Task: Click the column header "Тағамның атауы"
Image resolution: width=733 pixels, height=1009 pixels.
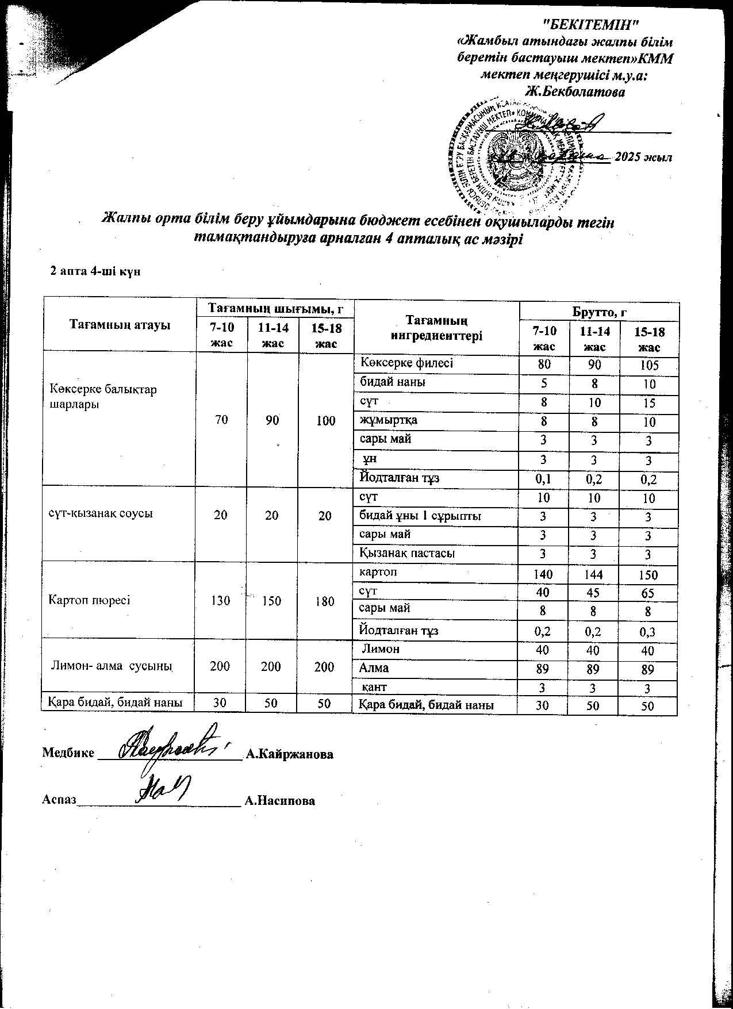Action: (x=120, y=325)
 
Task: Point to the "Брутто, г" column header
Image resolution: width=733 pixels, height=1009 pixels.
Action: (x=598, y=312)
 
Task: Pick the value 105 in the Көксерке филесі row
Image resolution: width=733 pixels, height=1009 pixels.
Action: (x=649, y=366)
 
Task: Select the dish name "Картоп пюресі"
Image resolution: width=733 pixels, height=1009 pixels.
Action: (x=90, y=600)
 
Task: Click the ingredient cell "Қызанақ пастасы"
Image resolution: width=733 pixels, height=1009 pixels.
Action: (x=406, y=553)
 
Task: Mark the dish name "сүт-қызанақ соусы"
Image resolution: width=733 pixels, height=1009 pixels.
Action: (x=100, y=513)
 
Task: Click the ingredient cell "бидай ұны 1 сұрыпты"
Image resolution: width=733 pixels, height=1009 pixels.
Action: (x=420, y=516)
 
